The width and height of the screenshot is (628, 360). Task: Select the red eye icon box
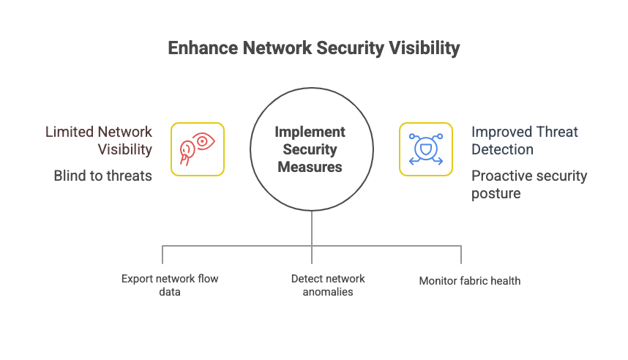(198, 149)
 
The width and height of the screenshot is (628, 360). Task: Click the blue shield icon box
(425, 149)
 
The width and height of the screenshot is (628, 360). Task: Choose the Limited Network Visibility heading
(99, 140)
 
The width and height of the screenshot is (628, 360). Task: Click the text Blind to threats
(103, 176)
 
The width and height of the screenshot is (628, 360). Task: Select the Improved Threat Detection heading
(524, 140)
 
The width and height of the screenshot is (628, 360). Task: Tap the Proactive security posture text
(528, 184)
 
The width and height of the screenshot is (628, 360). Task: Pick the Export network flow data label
(170, 285)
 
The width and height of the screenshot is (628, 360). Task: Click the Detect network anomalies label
(328, 285)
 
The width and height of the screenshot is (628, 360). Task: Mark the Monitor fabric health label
(470, 280)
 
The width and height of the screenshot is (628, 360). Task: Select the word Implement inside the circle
(310, 132)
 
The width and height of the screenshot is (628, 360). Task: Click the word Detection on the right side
(502, 149)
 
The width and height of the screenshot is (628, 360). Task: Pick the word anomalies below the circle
(328, 292)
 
